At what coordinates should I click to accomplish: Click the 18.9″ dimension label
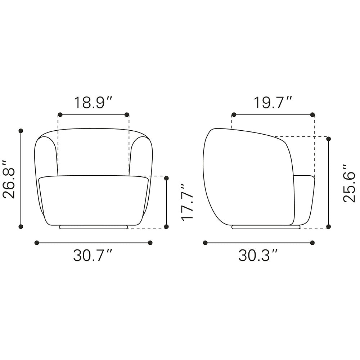pyautogui.click(x=93, y=103)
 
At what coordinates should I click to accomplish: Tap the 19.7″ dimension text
pyautogui.click(x=273, y=103)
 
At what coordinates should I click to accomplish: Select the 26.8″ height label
pyautogui.click(x=9, y=179)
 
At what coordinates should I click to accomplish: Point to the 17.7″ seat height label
pyautogui.click(x=187, y=202)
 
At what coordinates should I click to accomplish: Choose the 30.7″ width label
pyautogui.click(x=93, y=255)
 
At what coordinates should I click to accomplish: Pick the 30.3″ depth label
pyautogui.click(x=258, y=255)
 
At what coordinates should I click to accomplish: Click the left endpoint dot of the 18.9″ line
pyautogui.click(x=60, y=114)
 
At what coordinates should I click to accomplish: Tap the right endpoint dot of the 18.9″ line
pyautogui.click(x=126, y=114)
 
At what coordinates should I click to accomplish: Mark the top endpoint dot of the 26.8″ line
pyautogui.click(x=21, y=131)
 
